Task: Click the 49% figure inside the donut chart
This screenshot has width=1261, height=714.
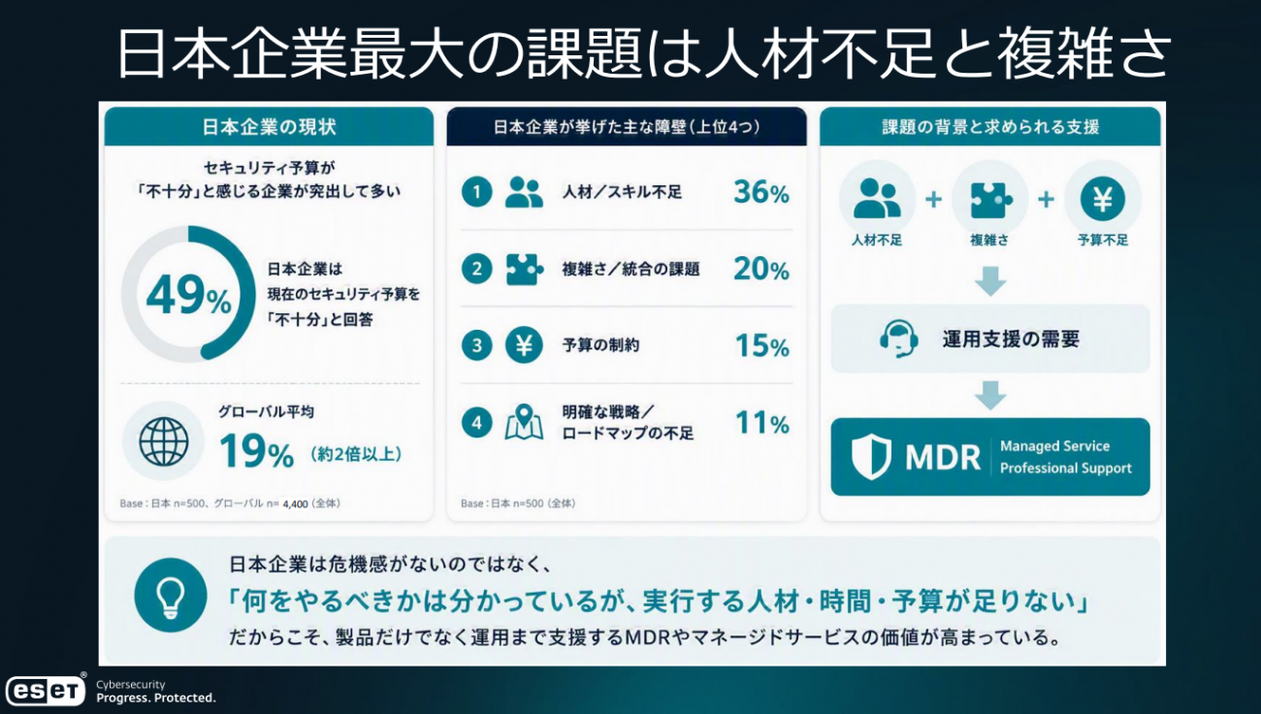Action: (x=188, y=295)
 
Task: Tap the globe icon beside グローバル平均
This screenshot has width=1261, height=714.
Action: (x=164, y=441)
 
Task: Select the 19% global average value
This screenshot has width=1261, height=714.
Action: (x=256, y=452)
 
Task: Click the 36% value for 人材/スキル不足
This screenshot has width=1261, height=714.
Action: (x=761, y=193)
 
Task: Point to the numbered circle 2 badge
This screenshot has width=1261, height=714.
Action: (x=477, y=269)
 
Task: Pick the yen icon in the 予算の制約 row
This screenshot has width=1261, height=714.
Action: (x=524, y=344)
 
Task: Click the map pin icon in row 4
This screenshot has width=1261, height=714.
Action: (x=524, y=422)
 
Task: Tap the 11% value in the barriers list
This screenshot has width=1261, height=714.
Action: (x=762, y=423)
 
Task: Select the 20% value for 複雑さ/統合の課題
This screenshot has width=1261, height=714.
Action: (x=761, y=269)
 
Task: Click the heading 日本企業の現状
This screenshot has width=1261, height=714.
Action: (x=269, y=127)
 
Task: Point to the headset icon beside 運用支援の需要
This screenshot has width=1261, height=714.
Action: (x=899, y=339)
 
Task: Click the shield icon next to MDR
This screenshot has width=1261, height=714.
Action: (x=871, y=457)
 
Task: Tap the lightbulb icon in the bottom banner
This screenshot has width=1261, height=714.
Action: (x=171, y=596)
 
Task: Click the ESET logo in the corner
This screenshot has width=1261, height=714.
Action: (x=45, y=690)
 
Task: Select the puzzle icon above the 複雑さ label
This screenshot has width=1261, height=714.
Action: (x=990, y=199)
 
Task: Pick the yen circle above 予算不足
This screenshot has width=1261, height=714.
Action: (x=1102, y=199)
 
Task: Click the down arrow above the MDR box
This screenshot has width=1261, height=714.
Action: (x=990, y=395)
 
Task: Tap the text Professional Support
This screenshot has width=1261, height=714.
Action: (x=1066, y=469)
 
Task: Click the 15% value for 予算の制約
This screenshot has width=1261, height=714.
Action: (x=762, y=345)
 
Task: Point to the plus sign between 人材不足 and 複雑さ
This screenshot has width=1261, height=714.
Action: (x=933, y=199)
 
